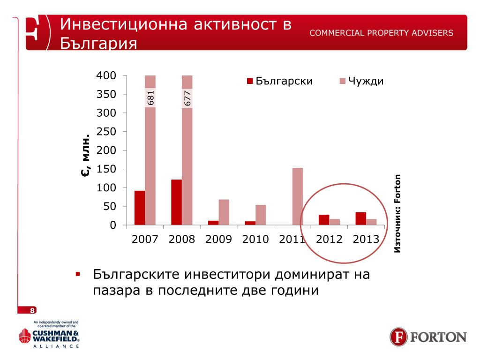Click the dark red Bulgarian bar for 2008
[x=176, y=202]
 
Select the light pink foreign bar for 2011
[x=298, y=196]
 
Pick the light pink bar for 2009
[x=224, y=212]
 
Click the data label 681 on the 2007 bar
[x=150, y=98]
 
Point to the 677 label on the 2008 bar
[x=187, y=98]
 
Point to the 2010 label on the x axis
[x=255, y=239]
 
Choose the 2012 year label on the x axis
[x=329, y=239]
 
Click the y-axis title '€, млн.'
[x=85, y=157]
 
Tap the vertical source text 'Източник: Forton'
[x=397, y=214]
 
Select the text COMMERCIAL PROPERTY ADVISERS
[x=381, y=33]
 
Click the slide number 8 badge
[x=32, y=311]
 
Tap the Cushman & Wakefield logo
[x=49, y=335]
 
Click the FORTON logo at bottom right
[x=428, y=337]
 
